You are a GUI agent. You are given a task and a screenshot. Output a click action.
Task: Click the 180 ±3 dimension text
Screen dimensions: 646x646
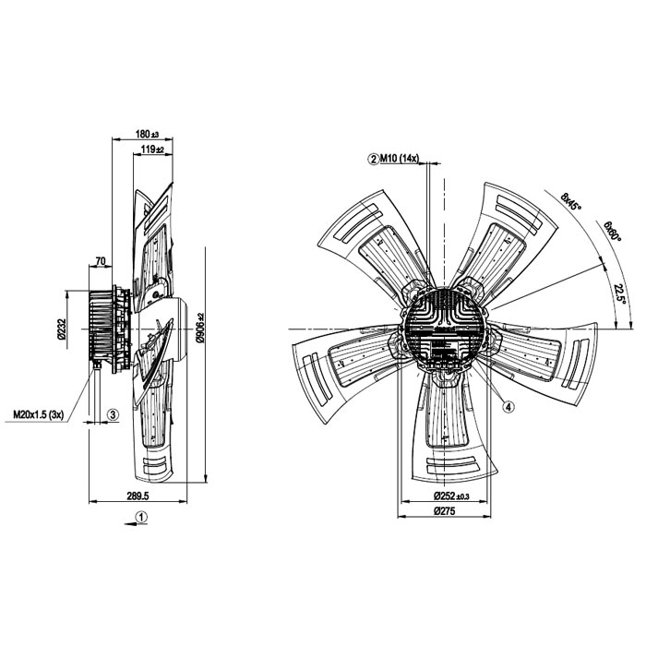[x=147, y=135]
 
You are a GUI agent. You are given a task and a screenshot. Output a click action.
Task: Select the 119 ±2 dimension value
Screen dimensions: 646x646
[x=152, y=150]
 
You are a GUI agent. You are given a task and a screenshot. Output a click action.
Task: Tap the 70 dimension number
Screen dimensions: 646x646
[x=101, y=261]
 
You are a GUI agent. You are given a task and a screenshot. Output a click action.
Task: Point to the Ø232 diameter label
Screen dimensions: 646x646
[x=62, y=329]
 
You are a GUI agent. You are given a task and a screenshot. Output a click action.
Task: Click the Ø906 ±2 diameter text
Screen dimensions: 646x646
[x=200, y=328]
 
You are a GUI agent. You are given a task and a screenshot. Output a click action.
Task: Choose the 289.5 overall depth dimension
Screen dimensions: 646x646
[x=138, y=496]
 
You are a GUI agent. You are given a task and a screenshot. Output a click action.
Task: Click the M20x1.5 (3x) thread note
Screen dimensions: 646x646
[x=39, y=414]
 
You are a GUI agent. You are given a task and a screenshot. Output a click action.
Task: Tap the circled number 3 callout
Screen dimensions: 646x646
[x=114, y=414]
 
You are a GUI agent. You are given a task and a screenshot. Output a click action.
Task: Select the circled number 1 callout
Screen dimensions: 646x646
[x=142, y=517]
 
